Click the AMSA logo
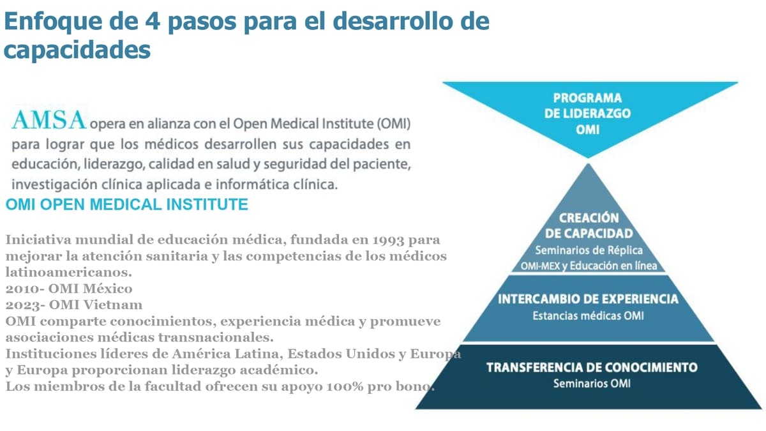(x=49, y=120)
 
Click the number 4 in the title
(x=152, y=21)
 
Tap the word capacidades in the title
(x=77, y=50)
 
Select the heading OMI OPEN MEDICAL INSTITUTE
(x=127, y=204)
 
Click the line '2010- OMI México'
(x=69, y=289)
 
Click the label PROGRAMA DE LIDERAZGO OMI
(x=587, y=114)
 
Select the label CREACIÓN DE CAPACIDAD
(x=589, y=226)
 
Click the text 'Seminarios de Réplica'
(x=589, y=250)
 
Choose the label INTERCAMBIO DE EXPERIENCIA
(x=588, y=299)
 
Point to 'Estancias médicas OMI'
(x=588, y=315)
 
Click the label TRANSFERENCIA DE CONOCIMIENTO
(x=592, y=367)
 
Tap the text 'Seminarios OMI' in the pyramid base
(x=592, y=384)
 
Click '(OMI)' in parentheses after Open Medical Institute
(x=394, y=124)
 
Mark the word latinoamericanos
(x=69, y=273)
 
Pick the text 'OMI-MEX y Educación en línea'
(x=589, y=266)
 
